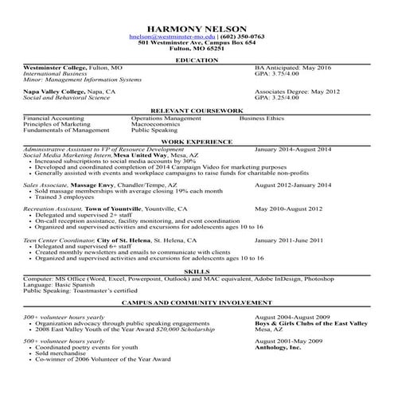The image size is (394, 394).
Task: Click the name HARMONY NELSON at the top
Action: click(197, 26)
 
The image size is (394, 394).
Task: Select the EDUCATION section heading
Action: click(197, 60)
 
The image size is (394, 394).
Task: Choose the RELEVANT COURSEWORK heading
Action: click(197, 111)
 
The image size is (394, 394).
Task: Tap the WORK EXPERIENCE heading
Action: click(197, 142)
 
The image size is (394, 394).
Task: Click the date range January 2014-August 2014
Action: click(293, 149)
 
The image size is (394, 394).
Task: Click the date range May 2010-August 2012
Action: click(289, 208)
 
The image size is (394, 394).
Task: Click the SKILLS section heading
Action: click(197, 271)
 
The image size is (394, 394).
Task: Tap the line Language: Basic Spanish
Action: click(58, 284)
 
